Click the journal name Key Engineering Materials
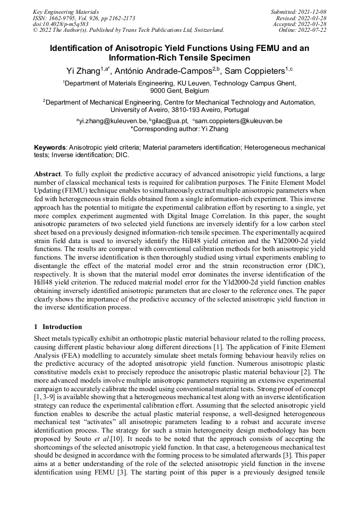coord(65,11)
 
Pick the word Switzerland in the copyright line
coord(204,30)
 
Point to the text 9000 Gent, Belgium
coord(179,91)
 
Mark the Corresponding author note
coord(179,128)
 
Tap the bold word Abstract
coord(47,174)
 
